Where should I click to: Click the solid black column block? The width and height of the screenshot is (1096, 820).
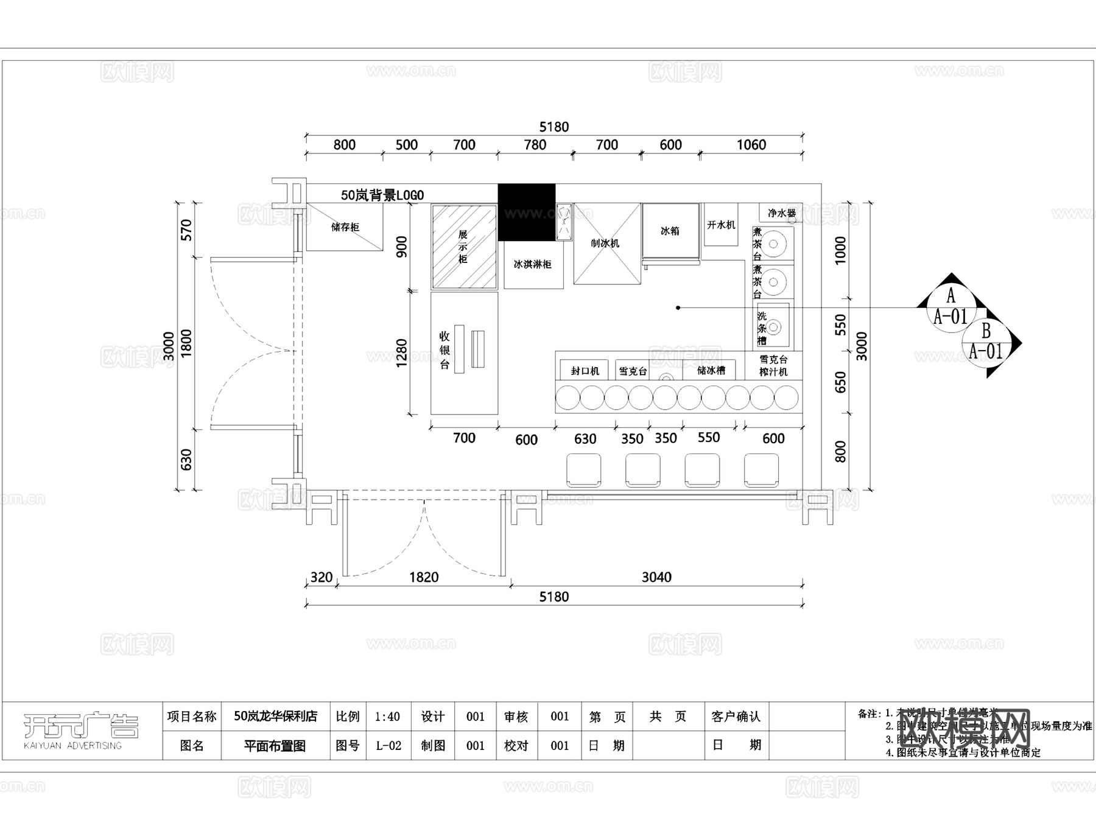coord(526,212)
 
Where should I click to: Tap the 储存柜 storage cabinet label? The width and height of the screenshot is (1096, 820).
coord(345,227)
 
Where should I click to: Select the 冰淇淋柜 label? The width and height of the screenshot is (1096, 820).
coord(533,264)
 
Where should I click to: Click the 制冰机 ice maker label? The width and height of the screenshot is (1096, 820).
coord(605,243)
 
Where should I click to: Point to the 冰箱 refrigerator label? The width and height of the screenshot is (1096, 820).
coord(670,231)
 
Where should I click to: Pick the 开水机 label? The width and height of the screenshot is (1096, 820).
coord(721,225)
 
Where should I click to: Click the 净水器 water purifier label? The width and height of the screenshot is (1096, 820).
coord(782,213)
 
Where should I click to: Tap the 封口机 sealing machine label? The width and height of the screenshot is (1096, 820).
coord(585,371)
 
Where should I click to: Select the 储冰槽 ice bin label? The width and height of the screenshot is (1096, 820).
coord(711,370)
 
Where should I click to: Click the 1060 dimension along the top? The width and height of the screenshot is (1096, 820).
coord(751,145)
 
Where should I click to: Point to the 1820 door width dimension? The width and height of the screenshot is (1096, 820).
coord(423,577)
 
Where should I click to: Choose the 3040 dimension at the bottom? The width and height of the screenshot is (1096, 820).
coord(656,577)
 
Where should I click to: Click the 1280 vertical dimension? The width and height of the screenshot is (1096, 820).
coord(401,353)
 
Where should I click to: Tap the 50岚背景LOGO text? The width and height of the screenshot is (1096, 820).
coord(382,195)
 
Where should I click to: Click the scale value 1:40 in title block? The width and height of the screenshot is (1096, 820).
coord(387,717)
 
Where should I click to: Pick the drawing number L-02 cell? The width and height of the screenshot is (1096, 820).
coord(388,746)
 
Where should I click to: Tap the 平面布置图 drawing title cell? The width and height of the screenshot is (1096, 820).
coord(275,746)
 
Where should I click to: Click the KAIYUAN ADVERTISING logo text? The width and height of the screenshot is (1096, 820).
coord(72,746)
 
